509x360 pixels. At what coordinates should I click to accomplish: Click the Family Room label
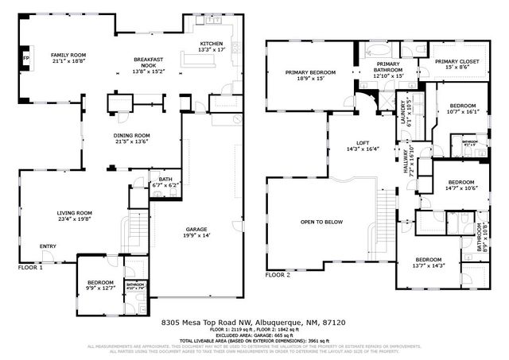(x=68, y=56)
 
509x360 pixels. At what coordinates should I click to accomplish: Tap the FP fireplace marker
(x=25, y=59)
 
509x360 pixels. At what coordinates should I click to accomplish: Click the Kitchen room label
(x=211, y=44)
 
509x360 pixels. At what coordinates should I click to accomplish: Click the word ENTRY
(x=48, y=246)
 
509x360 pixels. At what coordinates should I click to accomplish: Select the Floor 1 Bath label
(x=165, y=180)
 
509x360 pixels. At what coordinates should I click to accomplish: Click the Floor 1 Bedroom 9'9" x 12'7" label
(x=100, y=283)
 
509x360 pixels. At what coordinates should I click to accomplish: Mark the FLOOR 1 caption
(x=30, y=268)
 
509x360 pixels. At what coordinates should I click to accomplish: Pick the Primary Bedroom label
(x=310, y=72)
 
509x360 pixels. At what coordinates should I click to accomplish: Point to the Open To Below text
(x=321, y=222)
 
